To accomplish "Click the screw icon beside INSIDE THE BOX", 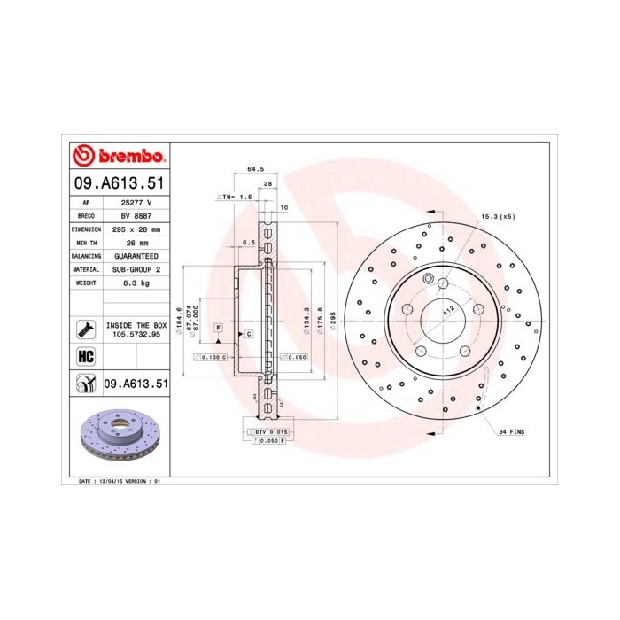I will [85, 329].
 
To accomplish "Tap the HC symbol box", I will [86, 357].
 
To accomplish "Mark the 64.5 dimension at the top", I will [255, 168].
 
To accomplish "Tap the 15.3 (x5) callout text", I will [498, 216].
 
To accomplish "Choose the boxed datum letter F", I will [216, 329].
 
